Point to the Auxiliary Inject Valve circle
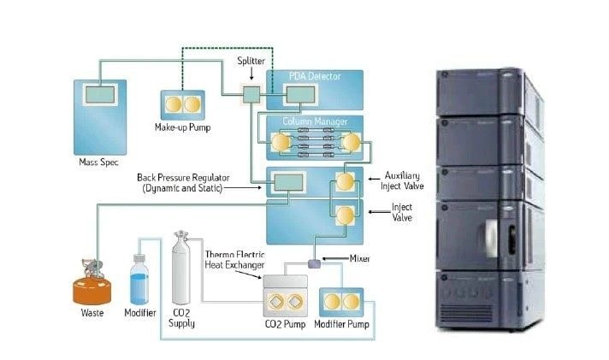point(346,181)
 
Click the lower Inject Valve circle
point(346,215)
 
